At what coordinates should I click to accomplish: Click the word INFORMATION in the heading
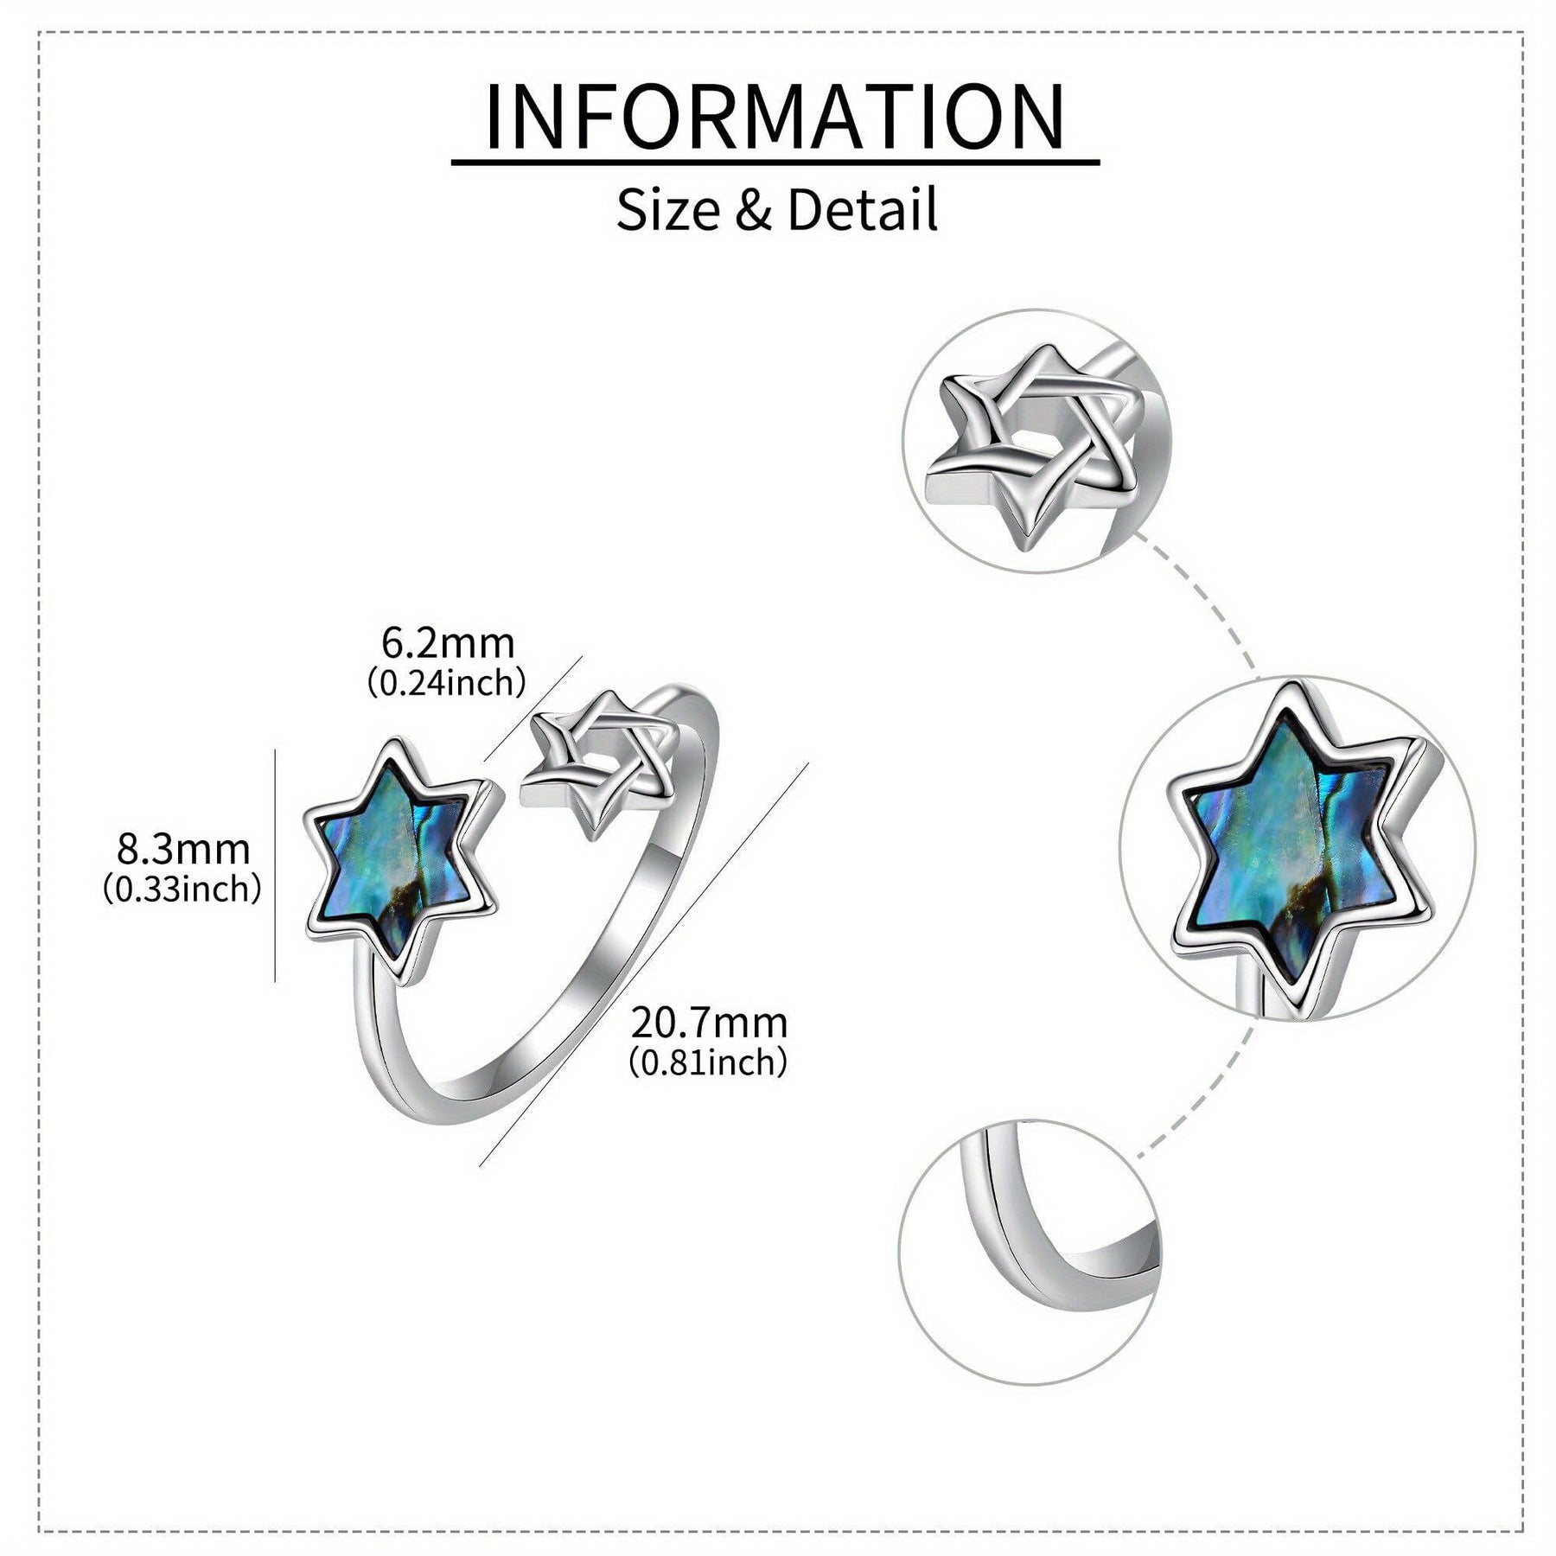(775, 116)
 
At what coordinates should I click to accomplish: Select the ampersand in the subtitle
(755, 211)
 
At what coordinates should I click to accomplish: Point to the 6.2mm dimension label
(448, 643)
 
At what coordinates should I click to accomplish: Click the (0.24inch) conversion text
(447, 684)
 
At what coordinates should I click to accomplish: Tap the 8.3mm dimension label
(183, 850)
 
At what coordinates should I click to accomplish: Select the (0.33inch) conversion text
(182, 890)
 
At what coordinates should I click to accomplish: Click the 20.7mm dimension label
(709, 1024)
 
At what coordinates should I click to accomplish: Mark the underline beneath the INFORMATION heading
(775, 162)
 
